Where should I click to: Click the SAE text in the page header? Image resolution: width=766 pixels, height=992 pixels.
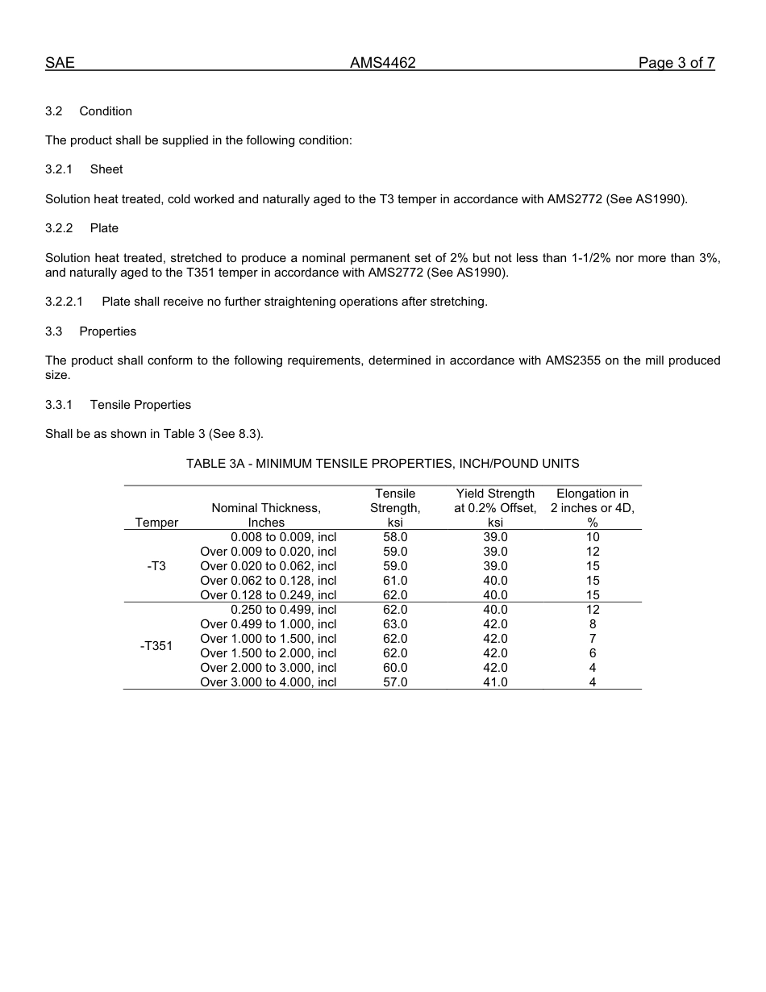tap(60, 63)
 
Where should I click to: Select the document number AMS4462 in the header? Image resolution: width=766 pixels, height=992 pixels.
tap(382, 63)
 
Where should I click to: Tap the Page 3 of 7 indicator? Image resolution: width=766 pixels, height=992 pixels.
tap(676, 63)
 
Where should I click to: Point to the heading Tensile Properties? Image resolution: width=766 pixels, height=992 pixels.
tap(140, 405)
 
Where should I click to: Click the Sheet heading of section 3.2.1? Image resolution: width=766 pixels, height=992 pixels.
tap(106, 169)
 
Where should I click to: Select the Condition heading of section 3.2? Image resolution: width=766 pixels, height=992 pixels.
tap(106, 111)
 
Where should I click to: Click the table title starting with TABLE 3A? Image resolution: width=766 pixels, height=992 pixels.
tap(382, 464)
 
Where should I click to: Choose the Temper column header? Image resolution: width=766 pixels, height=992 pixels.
tap(156, 523)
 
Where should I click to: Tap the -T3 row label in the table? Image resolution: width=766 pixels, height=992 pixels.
tap(156, 566)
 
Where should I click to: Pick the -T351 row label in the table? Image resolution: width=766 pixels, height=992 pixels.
tap(156, 646)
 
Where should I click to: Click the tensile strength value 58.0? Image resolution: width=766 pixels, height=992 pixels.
tap(395, 537)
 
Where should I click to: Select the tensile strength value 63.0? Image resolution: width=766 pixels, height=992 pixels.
tap(395, 624)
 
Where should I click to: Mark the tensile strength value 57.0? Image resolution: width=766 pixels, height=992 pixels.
tap(395, 682)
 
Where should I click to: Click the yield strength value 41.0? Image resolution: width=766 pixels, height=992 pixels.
tap(495, 682)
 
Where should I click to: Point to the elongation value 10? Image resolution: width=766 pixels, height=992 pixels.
tap(593, 537)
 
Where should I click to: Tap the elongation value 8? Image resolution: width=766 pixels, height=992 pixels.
tap(593, 624)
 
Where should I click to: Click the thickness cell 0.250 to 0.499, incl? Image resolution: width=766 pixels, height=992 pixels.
tap(283, 610)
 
